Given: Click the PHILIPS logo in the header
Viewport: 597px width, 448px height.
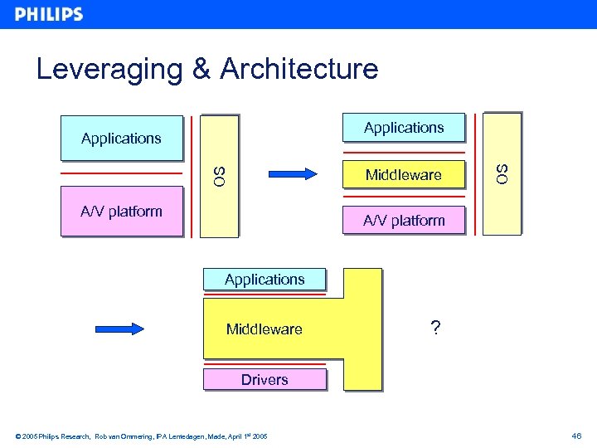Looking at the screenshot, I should coord(49,14).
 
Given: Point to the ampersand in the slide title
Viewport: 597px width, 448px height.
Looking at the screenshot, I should coord(201,69).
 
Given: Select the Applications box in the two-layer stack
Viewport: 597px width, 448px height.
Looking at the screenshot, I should coord(121,138).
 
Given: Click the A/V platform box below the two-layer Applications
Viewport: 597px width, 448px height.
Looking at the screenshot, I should coord(121,212).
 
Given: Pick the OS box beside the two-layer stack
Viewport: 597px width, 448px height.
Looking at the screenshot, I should coord(220,175).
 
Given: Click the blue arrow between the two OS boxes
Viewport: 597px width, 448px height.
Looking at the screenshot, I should coord(295,173).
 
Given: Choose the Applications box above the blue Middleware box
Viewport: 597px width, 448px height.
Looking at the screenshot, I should coord(404,127).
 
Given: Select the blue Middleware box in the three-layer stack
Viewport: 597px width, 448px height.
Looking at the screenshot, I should coord(404,174).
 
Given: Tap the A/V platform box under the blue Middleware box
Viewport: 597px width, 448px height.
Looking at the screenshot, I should coord(404,220).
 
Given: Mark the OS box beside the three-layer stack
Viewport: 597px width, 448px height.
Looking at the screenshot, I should coord(502,173).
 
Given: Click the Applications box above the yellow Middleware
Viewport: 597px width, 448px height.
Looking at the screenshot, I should coord(265,279).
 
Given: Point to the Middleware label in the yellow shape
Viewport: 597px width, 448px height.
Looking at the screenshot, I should coord(265,329).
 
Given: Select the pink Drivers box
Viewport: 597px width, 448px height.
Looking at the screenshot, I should coord(265,380).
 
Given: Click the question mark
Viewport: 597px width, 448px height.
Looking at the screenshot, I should coord(435,329).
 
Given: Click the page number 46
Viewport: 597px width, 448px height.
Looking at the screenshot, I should coord(576,436).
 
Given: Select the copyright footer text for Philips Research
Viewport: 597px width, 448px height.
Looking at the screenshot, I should coord(141,436).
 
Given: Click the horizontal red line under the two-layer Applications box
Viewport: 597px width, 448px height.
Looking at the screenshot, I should coord(121,173).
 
